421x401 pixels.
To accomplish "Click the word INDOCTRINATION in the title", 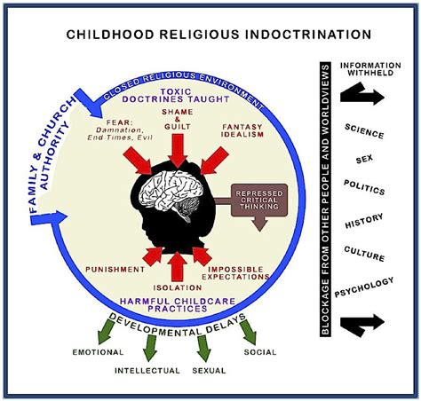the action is click(x=308, y=35).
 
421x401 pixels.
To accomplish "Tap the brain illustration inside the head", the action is click(x=171, y=193).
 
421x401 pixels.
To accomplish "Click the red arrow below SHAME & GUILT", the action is click(x=178, y=151).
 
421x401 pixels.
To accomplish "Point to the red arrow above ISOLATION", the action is click(x=178, y=266).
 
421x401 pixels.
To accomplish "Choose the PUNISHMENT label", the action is click(x=115, y=270).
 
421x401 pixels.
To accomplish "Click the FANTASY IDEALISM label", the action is click(x=242, y=130).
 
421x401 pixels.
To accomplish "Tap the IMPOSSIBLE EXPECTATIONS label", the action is click(x=235, y=273).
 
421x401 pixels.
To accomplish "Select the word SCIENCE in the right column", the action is click(x=364, y=131).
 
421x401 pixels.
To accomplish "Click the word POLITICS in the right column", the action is click(x=364, y=187).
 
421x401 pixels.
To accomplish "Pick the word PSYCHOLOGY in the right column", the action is click(x=364, y=287).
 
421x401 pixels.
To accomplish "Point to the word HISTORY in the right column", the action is click(x=364, y=221).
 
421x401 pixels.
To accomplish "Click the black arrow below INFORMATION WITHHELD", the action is click(x=362, y=94).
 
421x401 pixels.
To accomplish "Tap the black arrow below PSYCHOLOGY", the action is click(x=362, y=325).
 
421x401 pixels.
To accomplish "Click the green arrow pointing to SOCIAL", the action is click(x=248, y=332).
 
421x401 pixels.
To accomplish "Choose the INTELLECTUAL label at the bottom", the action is click(x=147, y=371).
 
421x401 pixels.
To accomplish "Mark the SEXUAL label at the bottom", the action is click(x=209, y=371).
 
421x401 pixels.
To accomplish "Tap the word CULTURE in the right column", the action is click(x=364, y=254).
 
